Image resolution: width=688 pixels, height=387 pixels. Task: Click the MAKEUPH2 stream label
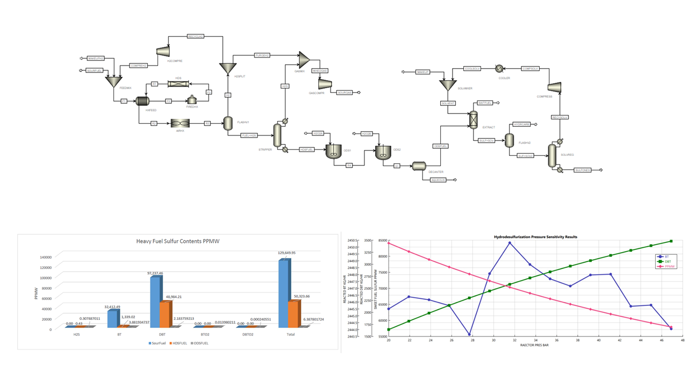click(x=95, y=58)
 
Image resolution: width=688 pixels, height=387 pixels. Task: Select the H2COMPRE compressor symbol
click(x=163, y=51)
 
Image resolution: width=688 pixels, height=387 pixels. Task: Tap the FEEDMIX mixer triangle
click(x=113, y=81)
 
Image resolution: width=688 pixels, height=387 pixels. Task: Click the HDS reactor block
click(x=178, y=84)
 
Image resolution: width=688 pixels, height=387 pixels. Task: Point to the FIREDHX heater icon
click(x=192, y=100)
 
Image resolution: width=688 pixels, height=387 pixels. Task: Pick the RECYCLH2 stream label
click(x=196, y=37)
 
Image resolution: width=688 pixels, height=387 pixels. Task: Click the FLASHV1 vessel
click(x=228, y=123)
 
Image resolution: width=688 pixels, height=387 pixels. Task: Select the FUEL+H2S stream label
click(x=249, y=135)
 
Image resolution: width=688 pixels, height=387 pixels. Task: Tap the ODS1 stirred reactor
click(x=333, y=152)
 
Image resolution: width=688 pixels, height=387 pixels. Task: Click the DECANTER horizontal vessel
click(x=419, y=166)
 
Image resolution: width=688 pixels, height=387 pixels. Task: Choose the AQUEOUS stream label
click(x=438, y=180)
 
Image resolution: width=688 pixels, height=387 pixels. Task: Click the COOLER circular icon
click(x=499, y=69)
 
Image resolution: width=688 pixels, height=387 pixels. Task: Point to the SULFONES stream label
click(x=582, y=170)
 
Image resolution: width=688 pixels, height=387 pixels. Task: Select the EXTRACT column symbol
click(x=474, y=120)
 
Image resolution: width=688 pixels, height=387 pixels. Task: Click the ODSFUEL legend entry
click(x=198, y=343)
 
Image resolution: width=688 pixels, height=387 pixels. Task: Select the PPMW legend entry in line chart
click(x=668, y=266)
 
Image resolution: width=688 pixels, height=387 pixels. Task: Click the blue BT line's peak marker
click(x=510, y=243)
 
